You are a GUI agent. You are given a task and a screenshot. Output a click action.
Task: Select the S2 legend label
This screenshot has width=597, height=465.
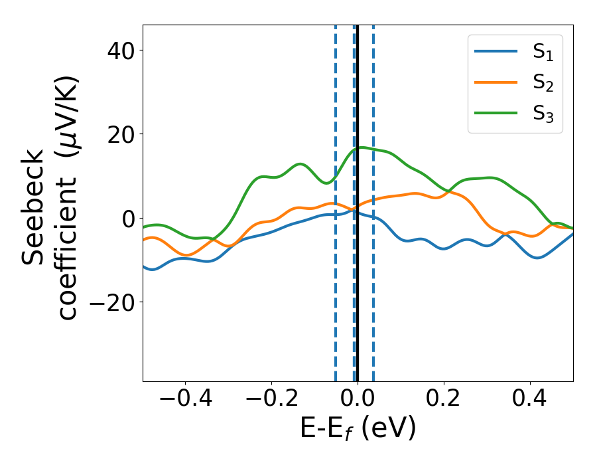(x=543, y=83)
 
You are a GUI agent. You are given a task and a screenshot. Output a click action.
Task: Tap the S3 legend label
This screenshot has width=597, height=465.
(x=543, y=114)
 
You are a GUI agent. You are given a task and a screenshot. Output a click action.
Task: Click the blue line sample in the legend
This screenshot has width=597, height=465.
(x=497, y=52)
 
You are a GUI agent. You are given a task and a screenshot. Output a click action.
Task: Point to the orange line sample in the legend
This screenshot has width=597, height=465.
(x=497, y=82)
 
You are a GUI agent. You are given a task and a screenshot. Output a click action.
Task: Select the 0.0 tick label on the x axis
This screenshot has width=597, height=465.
(x=358, y=399)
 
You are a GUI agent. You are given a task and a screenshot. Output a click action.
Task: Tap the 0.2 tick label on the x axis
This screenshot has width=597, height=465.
(x=444, y=399)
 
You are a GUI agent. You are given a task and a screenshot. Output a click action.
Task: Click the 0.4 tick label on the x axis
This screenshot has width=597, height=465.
(x=530, y=399)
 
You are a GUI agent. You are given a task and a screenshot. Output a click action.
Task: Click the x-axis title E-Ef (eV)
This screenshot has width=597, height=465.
(x=358, y=429)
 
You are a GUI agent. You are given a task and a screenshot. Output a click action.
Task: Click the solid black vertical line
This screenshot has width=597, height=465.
(x=358, y=332)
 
